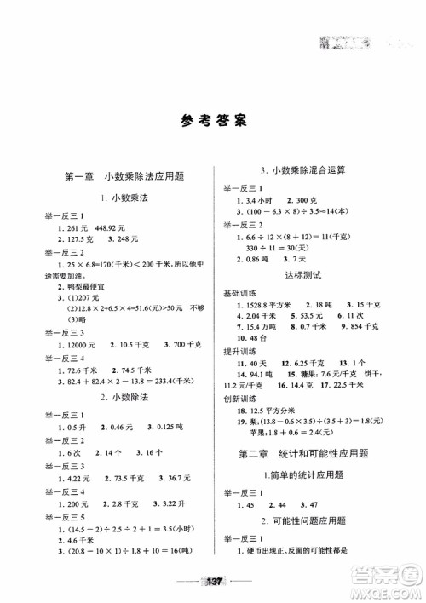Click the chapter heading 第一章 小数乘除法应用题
(x=126, y=177)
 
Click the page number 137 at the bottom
(x=213, y=582)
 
